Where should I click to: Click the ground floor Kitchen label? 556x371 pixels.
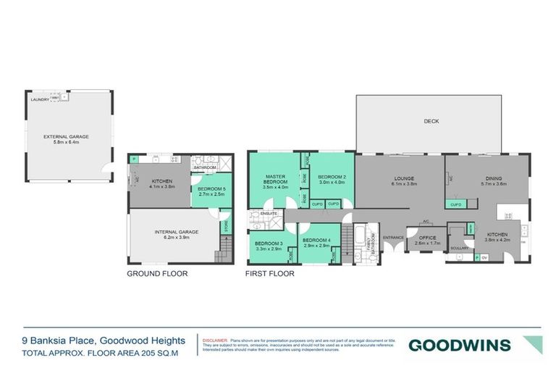160,180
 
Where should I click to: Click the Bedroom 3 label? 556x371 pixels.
268,243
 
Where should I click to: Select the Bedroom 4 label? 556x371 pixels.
316,241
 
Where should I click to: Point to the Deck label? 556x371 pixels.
431,121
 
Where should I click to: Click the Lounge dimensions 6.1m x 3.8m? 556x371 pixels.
398,184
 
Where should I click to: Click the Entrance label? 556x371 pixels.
393,238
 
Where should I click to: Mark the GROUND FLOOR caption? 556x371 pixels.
157,274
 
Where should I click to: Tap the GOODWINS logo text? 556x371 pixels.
459,344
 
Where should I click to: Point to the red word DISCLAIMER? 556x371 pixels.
216,338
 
